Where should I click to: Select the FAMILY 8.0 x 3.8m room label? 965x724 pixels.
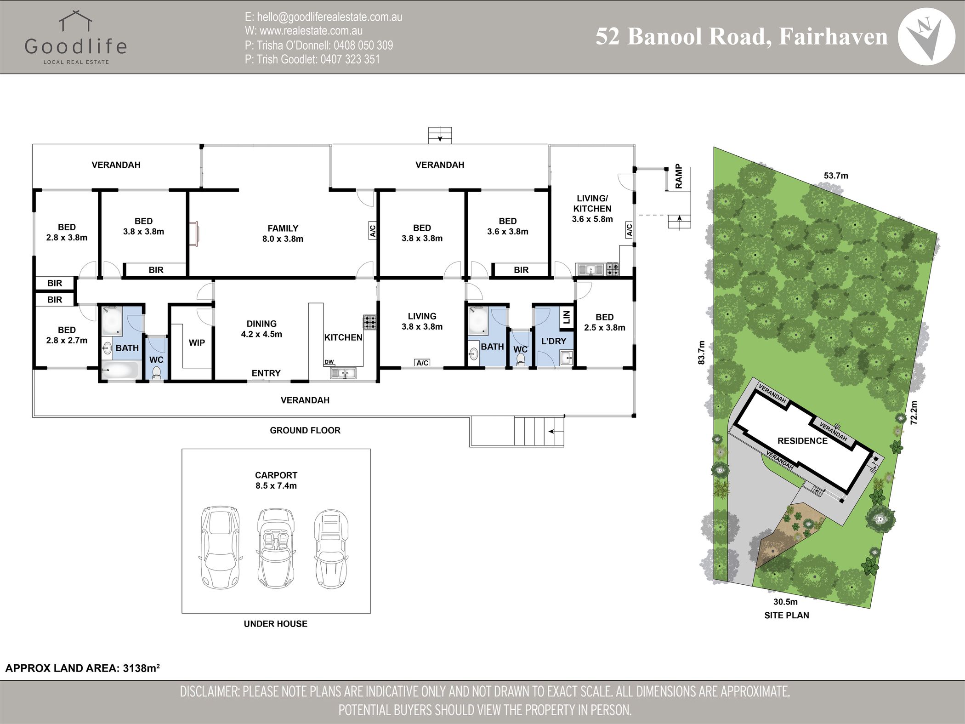[x=283, y=234]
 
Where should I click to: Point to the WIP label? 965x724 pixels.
[x=197, y=342]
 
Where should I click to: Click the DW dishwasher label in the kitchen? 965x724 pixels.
[x=329, y=362]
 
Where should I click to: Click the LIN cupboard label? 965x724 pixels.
[x=567, y=317]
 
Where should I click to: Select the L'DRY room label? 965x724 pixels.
[x=554, y=341]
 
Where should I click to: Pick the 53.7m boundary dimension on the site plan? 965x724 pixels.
[x=836, y=176]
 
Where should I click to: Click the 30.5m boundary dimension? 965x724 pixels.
[x=785, y=602]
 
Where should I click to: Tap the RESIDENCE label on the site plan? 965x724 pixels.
[x=802, y=441]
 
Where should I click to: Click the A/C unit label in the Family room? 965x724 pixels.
[x=373, y=230]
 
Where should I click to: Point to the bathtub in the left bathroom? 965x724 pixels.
[x=119, y=370]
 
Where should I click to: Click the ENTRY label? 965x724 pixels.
[x=266, y=373]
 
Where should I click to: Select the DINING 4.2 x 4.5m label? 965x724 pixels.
[x=261, y=329]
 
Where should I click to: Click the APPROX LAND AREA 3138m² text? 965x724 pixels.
[x=82, y=668]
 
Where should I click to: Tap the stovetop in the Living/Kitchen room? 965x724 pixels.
[x=613, y=269]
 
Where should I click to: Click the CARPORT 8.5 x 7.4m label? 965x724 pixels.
[x=276, y=480]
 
